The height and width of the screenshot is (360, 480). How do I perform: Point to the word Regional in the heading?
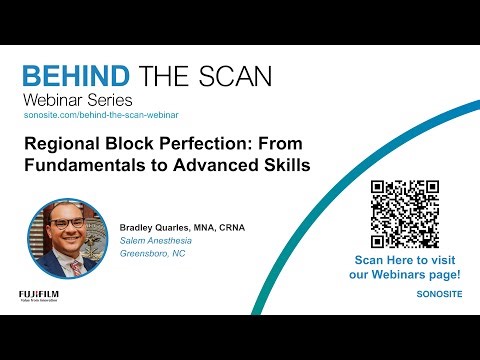(x=59, y=144)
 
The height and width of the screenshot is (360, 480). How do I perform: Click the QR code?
(x=405, y=214)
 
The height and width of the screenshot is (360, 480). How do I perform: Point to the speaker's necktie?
(x=74, y=265)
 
